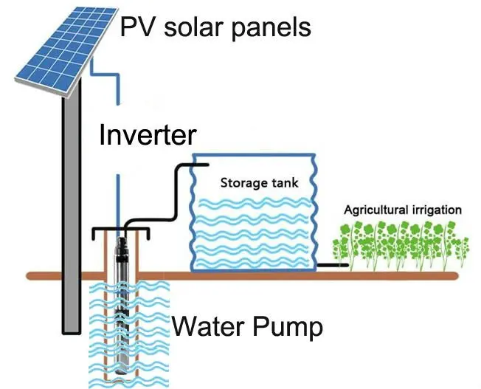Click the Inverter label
click(x=148, y=136)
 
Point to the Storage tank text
click(x=257, y=182)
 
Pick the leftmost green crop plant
click(x=341, y=248)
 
